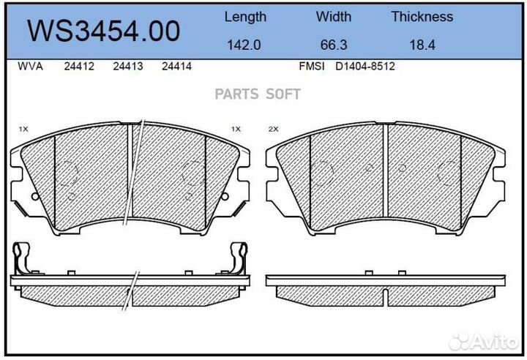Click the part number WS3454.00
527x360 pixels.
103,31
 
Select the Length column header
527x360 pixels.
245,17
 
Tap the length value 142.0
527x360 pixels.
244,45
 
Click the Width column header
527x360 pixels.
334,17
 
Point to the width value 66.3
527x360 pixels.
334,45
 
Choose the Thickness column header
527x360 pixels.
422,17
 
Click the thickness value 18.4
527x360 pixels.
422,45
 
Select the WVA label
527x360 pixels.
30,66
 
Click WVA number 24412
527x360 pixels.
79,66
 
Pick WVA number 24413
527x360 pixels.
128,66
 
